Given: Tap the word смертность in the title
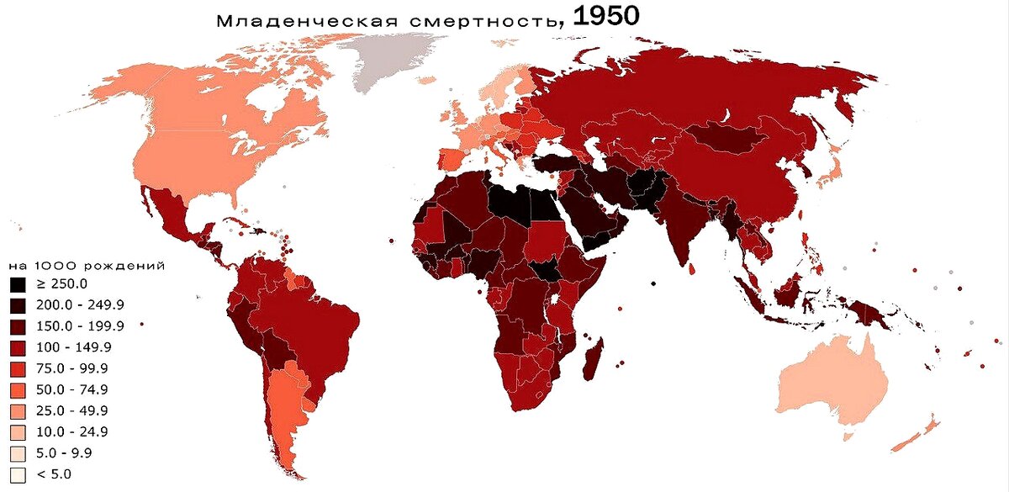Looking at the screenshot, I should coord(475,19).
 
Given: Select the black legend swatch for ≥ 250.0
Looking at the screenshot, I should coord(18,283).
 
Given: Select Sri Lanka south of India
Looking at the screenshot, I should coord(691,270).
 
